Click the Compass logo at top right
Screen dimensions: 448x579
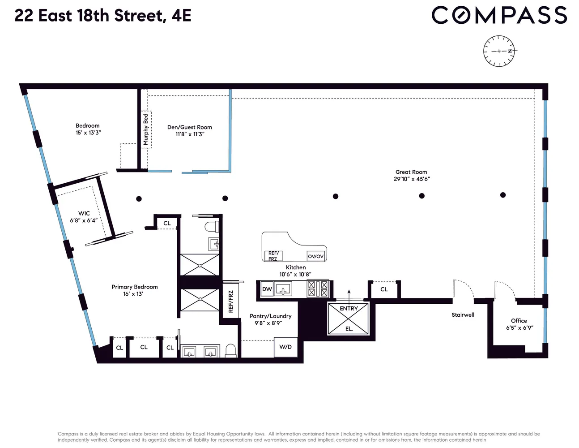[x=499, y=15]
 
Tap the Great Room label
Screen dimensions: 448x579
[x=411, y=172]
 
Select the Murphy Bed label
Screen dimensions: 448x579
[x=146, y=129]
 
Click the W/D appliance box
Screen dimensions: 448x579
[x=285, y=347]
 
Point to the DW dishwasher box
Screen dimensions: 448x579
[x=267, y=289]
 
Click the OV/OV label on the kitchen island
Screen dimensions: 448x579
[x=315, y=256]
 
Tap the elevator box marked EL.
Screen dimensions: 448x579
[x=349, y=319]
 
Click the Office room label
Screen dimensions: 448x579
[x=519, y=321]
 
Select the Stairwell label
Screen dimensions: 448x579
[x=463, y=315]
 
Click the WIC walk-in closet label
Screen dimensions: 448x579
[x=84, y=214]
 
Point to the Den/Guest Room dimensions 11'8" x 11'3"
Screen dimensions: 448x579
[x=190, y=134]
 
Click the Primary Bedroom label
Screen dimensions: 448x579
[x=135, y=287]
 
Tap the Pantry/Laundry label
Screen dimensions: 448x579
[x=270, y=316]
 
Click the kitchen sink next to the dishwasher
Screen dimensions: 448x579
[x=283, y=289]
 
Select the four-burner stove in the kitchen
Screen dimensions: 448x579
[x=318, y=289]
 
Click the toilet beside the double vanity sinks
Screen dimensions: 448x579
[x=230, y=350]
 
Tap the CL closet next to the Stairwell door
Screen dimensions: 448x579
[x=384, y=289]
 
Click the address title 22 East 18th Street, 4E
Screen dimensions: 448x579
[x=103, y=16]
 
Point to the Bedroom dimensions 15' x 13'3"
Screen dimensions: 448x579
[x=88, y=133]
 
